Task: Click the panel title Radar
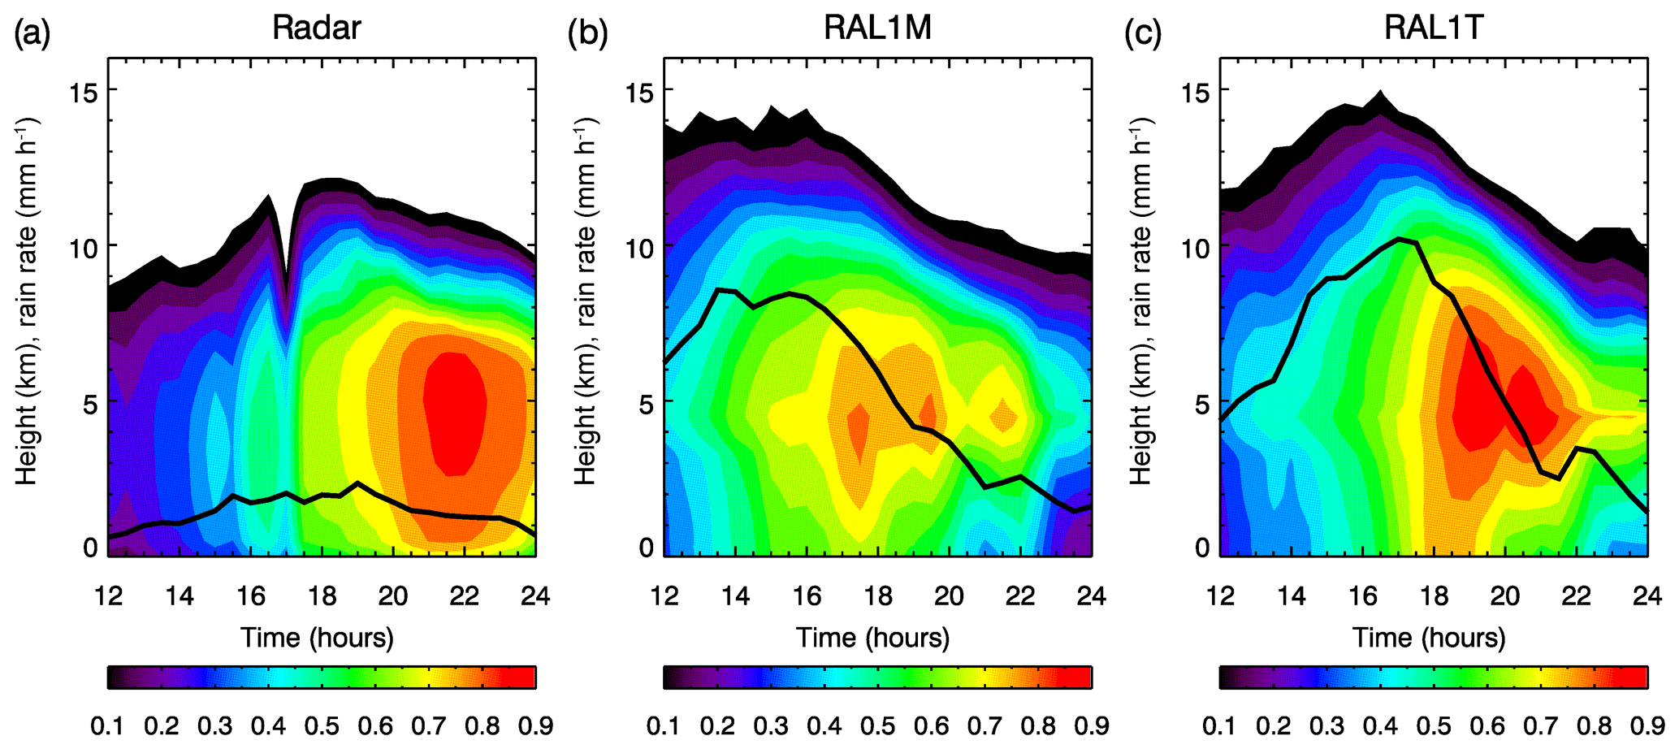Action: pos(316,28)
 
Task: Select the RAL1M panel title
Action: pos(877,28)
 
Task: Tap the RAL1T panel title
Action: pos(1434,28)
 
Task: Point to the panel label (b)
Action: pos(588,33)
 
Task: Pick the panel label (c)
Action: pos(1144,33)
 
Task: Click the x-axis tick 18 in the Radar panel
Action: pos(322,596)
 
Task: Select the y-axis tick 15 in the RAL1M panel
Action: pos(641,91)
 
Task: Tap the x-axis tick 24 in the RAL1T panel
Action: pos(1647,596)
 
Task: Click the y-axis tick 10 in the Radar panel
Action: pos(83,247)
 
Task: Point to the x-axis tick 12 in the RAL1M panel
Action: pos(664,596)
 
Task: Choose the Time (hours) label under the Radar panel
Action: pos(317,638)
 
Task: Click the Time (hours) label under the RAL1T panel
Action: pos(1429,638)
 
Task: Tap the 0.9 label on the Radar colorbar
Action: pos(534,725)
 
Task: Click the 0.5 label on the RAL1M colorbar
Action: pos(877,725)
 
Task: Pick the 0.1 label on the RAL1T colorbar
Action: pos(1220,725)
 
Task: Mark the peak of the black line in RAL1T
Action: pos(1399,238)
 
